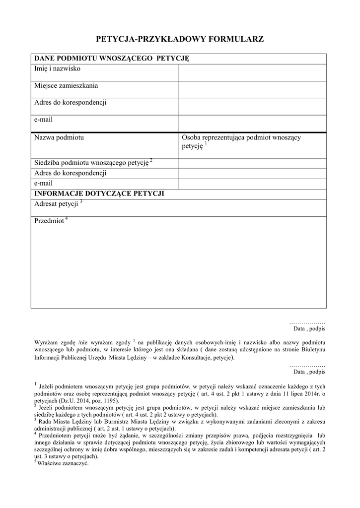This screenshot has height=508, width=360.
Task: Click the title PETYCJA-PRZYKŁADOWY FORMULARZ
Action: (x=180, y=38)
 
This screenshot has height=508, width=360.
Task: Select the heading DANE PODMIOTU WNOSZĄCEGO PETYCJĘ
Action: (x=112, y=59)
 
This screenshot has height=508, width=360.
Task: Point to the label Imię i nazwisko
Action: (x=57, y=68)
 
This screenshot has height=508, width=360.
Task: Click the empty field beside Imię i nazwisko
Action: (x=252, y=72)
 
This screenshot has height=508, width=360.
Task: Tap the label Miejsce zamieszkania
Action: (x=66, y=85)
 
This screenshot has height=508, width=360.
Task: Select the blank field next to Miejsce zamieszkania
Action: (x=252, y=89)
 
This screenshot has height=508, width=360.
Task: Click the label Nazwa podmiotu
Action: (x=59, y=137)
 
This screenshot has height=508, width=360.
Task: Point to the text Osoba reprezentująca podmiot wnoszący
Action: (x=245, y=137)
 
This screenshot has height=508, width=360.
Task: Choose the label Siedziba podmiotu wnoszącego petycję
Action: (x=91, y=163)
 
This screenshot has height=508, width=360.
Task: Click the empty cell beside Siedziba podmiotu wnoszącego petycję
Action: (x=252, y=163)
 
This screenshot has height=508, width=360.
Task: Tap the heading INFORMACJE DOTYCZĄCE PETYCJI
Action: (x=99, y=193)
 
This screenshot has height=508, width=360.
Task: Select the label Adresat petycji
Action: (x=56, y=204)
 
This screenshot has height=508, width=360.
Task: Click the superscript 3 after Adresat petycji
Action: (x=81, y=201)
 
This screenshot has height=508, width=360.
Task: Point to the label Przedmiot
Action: (x=49, y=221)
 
